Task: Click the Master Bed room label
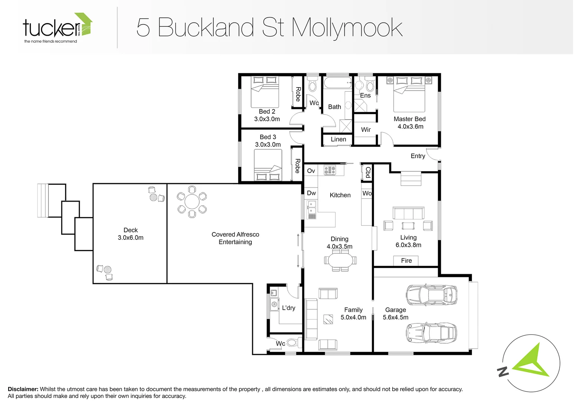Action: (409, 119)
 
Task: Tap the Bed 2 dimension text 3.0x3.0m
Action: (267, 119)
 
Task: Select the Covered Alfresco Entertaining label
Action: (235, 238)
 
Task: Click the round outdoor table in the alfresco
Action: (192, 202)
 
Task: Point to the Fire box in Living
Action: (406, 261)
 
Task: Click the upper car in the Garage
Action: (432, 295)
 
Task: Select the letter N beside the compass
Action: (503, 371)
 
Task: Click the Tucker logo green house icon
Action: (85, 24)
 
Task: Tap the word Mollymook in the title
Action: (347, 28)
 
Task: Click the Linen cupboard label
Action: (338, 140)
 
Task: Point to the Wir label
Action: (366, 130)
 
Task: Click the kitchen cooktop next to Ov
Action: (330, 170)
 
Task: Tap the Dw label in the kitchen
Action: (311, 193)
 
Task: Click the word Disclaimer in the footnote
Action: (23, 389)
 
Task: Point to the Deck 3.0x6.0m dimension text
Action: (131, 238)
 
